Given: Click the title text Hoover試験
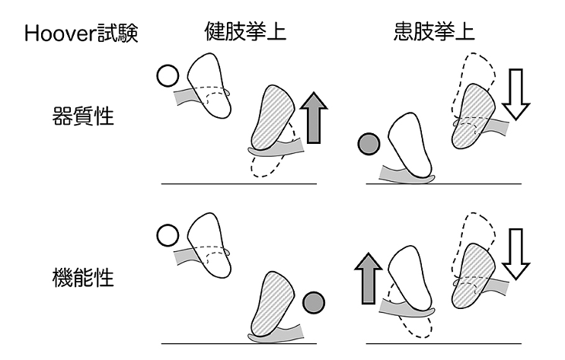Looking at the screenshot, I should [x=81, y=33].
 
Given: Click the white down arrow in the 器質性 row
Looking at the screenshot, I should [x=519, y=94].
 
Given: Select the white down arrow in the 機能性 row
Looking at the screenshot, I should [x=519, y=255].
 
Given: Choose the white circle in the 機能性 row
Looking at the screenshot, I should [x=166, y=236].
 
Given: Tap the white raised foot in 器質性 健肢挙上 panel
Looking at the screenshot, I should [x=210, y=84].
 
